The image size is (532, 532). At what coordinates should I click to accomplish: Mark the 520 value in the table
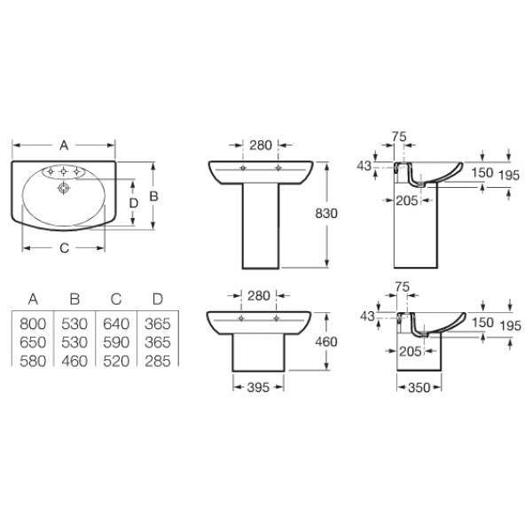[x=119, y=358]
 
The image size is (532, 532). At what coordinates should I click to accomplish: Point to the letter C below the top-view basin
[x=63, y=248]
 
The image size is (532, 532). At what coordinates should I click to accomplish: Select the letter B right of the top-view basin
[x=153, y=196]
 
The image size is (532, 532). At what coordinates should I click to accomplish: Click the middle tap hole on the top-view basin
[x=64, y=171]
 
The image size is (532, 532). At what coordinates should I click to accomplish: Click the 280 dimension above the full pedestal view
[x=260, y=145]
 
